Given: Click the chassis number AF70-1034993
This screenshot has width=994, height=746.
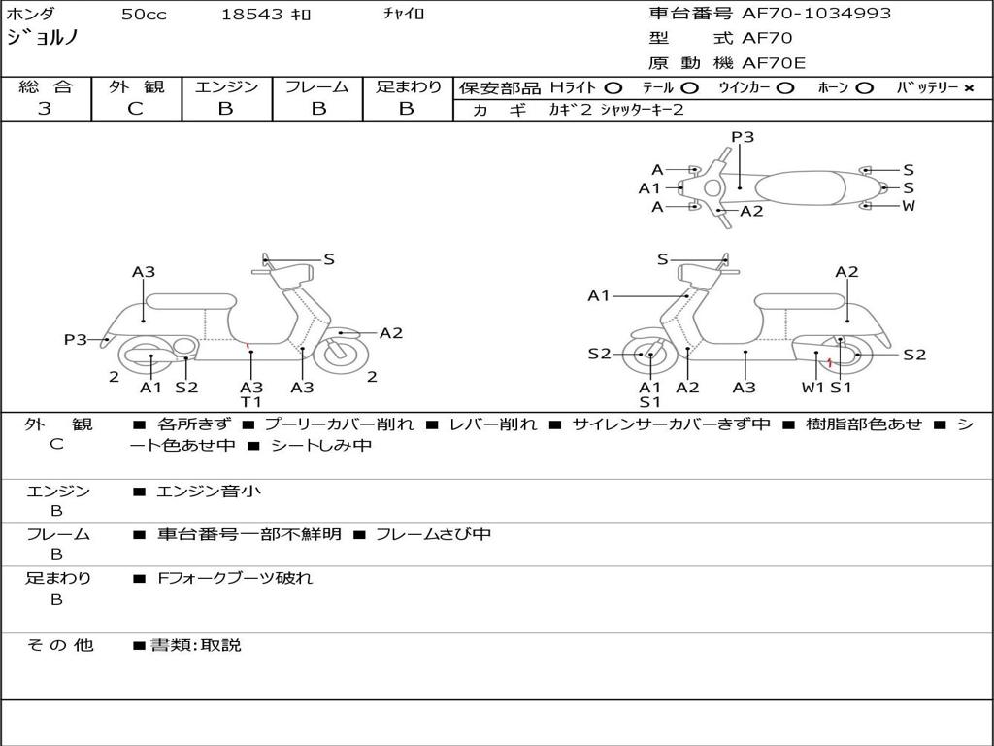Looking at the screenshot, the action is pos(816,14).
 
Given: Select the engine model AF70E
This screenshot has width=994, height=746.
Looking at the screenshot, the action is pos(774,63).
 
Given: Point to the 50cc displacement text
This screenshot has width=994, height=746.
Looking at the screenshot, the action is pos(144,14).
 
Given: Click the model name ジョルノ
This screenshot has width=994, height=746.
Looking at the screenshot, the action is pos(43,38).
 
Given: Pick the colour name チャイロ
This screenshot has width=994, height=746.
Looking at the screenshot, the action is pos(404,14).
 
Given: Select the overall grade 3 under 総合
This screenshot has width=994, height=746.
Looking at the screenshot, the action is pos(45,109).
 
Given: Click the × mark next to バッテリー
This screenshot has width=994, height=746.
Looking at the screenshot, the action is pos(969,88).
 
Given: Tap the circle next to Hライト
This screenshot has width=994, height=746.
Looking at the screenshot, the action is pos(613,88).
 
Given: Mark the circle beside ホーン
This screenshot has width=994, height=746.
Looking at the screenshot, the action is pos(864,88).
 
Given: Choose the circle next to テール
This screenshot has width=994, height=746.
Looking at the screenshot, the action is pos(690,88).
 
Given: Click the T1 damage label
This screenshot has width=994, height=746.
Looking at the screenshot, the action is pos(251,401).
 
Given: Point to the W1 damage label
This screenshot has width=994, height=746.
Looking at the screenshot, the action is pos(812,387).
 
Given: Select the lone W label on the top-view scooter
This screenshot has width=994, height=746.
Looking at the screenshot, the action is pos(909,206).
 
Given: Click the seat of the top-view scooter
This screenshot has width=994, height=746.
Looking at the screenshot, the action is pos(800,188).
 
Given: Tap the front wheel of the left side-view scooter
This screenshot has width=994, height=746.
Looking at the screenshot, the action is pos(337,355).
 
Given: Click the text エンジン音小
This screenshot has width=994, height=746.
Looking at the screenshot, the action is pos(209,491).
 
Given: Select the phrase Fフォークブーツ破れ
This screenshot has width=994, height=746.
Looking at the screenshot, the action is pos(235,578).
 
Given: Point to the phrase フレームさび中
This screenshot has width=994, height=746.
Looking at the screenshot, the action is pos(434,534).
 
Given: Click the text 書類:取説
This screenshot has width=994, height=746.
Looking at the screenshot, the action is pos(196,645).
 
